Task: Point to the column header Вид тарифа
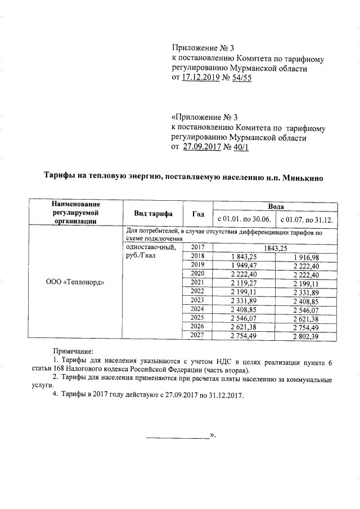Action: point(153,214)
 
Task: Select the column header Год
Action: point(198,214)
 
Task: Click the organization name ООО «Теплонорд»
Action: point(75,281)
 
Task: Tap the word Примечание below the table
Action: point(74,350)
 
